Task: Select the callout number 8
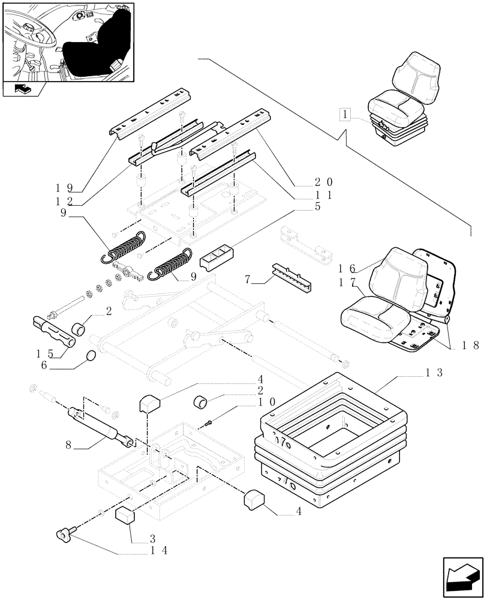(70, 445)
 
